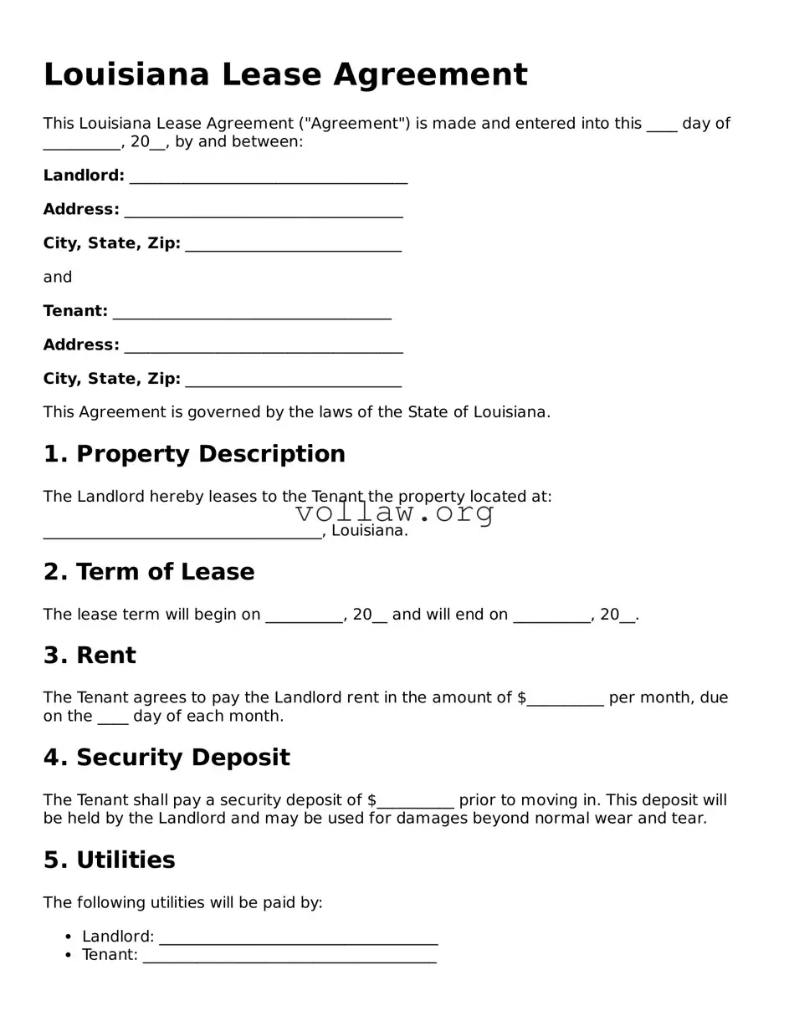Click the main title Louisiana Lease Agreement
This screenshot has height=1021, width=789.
[285, 75]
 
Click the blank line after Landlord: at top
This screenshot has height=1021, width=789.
[268, 177]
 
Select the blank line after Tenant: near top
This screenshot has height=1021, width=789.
[251, 313]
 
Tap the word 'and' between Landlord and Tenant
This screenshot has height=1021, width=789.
[58, 278]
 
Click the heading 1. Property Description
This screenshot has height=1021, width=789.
[194, 454]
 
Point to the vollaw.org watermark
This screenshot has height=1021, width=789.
[394, 512]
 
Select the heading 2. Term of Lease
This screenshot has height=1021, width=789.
[149, 572]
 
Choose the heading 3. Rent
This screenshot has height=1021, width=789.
[90, 656]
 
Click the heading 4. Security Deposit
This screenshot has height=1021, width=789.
[167, 758]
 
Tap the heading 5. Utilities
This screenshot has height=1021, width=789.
[109, 860]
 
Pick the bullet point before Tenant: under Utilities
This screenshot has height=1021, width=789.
[69, 956]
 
